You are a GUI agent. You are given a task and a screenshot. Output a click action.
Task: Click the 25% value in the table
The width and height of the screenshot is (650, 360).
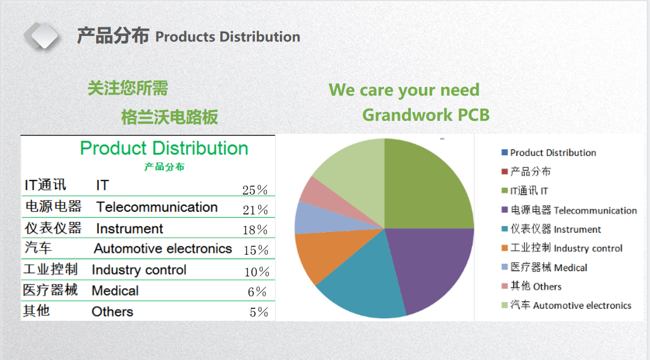[255, 190]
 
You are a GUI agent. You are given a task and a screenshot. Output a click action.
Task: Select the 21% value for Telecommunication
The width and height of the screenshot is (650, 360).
[255, 210]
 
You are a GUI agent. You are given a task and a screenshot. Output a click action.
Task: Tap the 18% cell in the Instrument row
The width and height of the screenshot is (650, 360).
[255, 230]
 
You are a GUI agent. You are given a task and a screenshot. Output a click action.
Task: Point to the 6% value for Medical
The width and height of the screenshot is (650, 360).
[257, 292]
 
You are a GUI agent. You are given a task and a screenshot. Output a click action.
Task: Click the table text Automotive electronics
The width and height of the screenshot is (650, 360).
[163, 249]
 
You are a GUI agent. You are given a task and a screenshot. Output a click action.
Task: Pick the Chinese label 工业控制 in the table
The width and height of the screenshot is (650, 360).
[50, 269]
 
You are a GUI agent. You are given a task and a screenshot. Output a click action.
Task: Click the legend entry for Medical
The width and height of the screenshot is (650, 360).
[548, 268]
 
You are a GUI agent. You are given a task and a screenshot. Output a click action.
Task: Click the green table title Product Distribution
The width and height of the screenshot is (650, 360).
[164, 148]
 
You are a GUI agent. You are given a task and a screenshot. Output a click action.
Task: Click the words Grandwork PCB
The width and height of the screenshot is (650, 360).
[425, 115]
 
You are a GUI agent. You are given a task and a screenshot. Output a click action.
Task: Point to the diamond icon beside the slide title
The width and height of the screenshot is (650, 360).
[41, 35]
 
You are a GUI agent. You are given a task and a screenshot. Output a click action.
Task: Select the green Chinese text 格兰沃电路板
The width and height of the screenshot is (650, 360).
[170, 117]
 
